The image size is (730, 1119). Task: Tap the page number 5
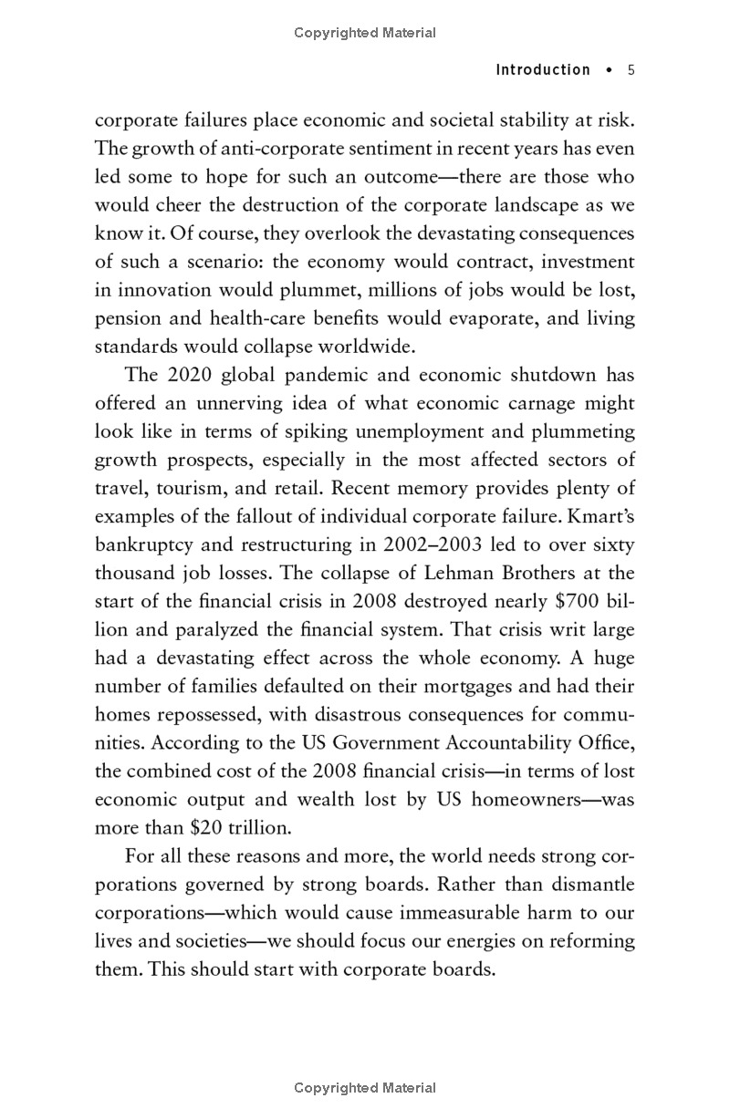tap(630, 69)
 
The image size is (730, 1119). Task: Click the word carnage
tap(528, 403)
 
